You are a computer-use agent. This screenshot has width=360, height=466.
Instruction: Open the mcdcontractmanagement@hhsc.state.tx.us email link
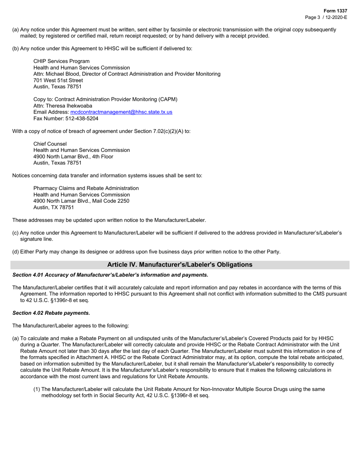pyautogui.click(x=121, y=112)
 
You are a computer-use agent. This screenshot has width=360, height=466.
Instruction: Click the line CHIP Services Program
pyautogui.click(x=61, y=61)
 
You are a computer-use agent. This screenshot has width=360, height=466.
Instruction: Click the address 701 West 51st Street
pyautogui.click(x=58, y=80)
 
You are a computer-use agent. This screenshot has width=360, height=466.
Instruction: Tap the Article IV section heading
pyautogui.click(x=180, y=265)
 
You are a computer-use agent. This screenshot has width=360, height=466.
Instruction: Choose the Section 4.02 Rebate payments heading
pyautogui.click(x=51, y=313)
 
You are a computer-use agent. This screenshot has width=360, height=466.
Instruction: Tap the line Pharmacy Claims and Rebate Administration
pyautogui.click(x=86, y=188)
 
